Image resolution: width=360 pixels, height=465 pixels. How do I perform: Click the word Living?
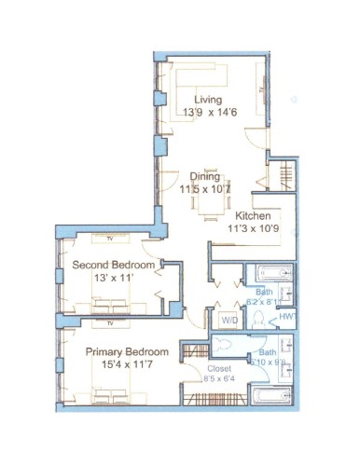[x=208, y=100]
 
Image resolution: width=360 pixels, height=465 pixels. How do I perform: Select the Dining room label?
[x=205, y=176]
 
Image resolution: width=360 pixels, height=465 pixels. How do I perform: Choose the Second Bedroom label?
[x=114, y=265]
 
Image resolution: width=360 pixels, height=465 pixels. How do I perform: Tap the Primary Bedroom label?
[x=127, y=352]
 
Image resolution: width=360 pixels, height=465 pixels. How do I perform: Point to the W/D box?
[x=229, y=320]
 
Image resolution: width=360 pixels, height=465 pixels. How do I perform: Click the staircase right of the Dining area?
[x=286, y=176]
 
